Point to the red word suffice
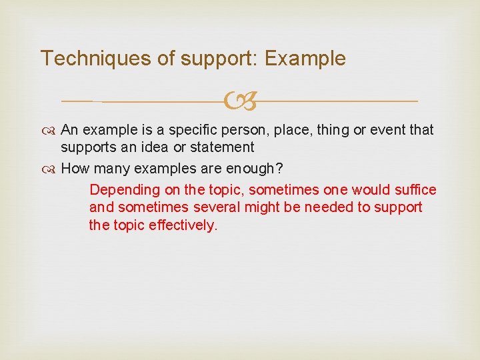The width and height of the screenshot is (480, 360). coord(415,190)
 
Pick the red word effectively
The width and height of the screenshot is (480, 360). coord(183,225)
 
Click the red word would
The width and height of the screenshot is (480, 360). coord(367,190)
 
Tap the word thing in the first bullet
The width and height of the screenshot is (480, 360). coord(332,130)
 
